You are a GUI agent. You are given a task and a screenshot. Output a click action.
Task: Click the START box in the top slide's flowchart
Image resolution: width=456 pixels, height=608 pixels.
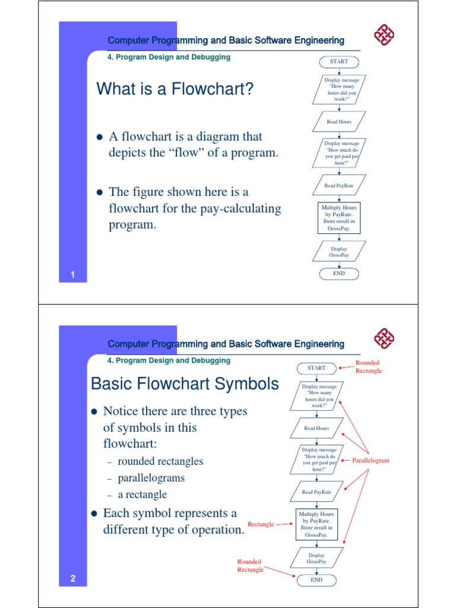coord(339,61)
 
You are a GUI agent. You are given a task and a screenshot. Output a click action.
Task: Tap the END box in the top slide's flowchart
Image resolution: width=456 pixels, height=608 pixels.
coord(339,274)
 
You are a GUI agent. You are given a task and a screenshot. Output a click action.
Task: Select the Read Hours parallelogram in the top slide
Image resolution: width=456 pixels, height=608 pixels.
coord(339,122)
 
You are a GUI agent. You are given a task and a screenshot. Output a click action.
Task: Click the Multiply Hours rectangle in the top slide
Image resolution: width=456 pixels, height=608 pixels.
coord(339,218)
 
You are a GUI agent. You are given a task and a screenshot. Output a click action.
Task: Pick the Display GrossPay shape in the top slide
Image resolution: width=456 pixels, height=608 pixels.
coord(339,252)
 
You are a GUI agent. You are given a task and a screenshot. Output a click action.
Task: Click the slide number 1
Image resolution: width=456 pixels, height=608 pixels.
coord(72,274)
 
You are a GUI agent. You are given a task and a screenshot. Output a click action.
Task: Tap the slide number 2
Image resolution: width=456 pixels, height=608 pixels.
coord(72,579)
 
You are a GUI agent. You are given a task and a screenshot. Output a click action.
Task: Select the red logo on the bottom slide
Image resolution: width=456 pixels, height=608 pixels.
coord(384,340)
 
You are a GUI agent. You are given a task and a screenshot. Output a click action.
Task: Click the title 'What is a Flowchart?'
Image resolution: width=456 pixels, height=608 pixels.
coord(175,90)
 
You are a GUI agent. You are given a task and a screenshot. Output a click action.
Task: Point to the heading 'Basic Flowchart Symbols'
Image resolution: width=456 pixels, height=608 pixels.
coord(185,384)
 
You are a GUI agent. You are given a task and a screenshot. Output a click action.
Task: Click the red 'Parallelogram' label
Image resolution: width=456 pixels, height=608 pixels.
coord(370,460)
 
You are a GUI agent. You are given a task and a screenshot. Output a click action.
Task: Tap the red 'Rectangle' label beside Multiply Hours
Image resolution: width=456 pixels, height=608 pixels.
coord(261,524)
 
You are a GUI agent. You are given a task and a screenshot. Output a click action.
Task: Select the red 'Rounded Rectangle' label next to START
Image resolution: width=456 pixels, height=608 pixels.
coord(368,366)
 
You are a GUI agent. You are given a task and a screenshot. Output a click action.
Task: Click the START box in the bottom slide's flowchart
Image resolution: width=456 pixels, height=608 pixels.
coord(316,368)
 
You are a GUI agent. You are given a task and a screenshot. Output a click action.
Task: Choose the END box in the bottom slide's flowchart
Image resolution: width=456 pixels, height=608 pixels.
coord(316,580)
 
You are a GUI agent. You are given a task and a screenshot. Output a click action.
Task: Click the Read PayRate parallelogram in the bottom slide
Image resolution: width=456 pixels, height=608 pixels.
coord(316,492)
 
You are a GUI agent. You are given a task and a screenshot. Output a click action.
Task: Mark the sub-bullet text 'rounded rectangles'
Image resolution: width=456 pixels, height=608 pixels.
coord(160,461)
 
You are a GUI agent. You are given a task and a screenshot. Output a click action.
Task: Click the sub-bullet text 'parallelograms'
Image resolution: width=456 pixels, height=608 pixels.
coord(151,478)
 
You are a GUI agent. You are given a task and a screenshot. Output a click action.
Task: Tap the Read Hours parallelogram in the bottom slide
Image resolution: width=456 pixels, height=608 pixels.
coord(316,428)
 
